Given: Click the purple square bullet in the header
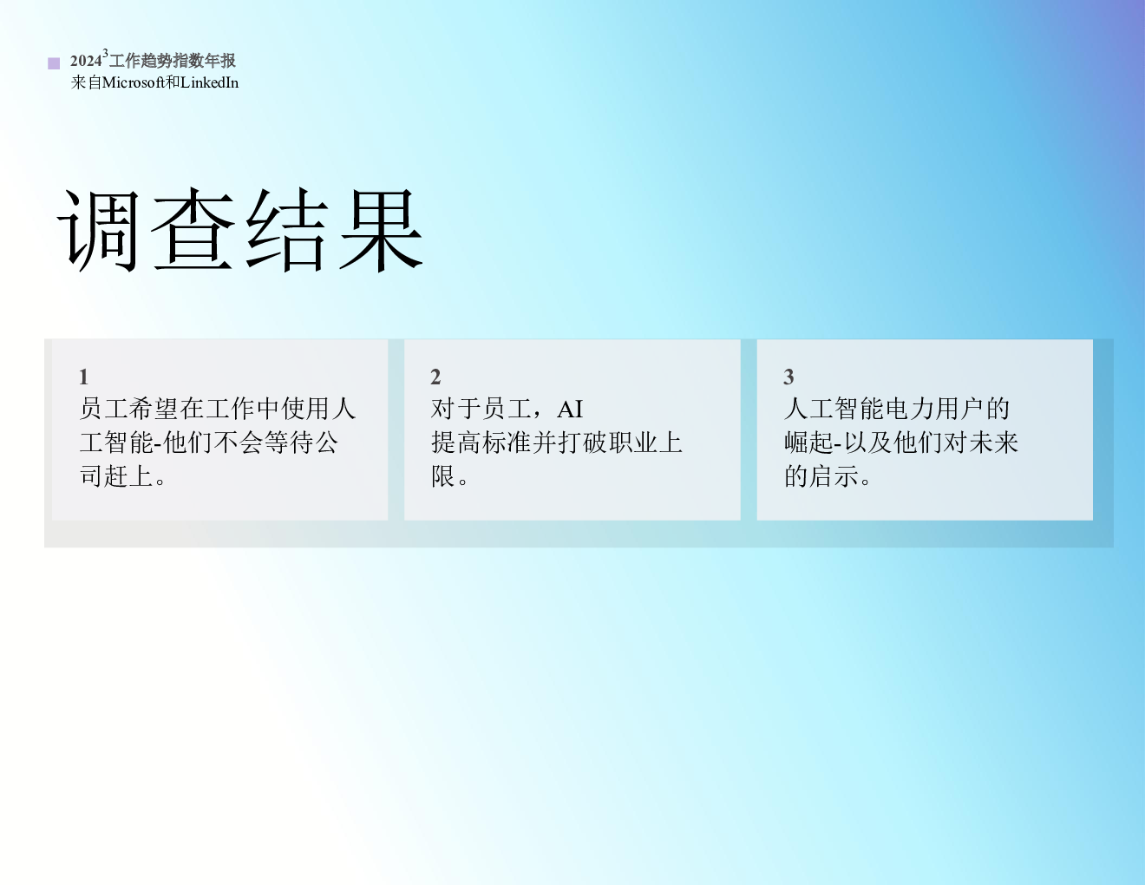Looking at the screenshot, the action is [54, 64].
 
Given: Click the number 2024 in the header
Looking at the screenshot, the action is [86, 61].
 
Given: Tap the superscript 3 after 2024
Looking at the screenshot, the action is [105, 53].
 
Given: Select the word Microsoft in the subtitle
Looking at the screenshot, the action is [134, 82].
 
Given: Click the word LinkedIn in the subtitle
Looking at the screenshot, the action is [210, 82].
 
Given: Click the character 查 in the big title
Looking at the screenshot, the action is [193, 229].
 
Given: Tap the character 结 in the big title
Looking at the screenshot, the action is [287, 230].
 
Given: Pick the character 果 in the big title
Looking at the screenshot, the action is [382, 230].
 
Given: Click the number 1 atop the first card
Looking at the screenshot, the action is [84, 377].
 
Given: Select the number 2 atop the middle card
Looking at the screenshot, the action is [435, 377].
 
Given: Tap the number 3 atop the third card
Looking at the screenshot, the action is [788, 377].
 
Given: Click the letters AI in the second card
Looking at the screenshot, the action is [570, 410].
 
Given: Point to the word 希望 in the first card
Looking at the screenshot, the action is [154, 409].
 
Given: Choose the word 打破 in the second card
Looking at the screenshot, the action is [582, 442].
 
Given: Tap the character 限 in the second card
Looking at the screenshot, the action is [443, 476].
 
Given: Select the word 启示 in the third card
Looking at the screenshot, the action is [834, 476].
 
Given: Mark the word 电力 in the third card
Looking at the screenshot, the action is [910, 409].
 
